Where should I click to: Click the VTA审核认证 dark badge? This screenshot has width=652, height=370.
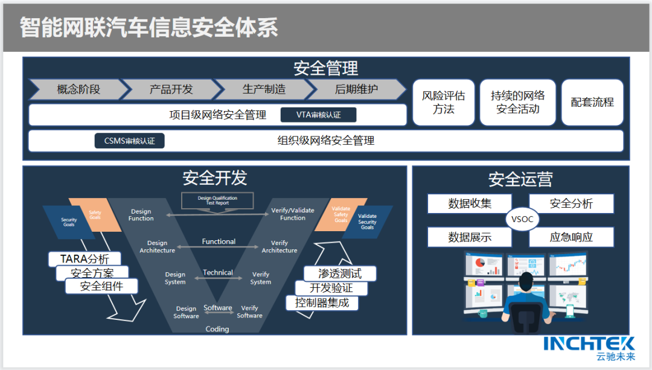click(x=318, y=115)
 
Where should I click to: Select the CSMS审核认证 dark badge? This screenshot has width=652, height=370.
click(x=129, y=141)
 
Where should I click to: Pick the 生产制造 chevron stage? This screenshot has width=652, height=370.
click(x=263, y=89)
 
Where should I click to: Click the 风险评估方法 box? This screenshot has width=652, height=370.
click(x=443, y=102)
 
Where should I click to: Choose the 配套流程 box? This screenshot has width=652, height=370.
click(x=592, y=102)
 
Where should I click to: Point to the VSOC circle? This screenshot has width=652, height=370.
click(x=522, y=219)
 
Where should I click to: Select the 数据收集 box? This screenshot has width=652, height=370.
click(x=469, y=203)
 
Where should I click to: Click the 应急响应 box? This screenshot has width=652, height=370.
click(x=570, y=237)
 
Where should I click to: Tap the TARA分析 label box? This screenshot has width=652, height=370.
click(x=85, y=259)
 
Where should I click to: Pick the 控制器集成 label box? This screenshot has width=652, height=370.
click(x=321, y=302)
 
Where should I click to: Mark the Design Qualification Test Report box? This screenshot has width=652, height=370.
click(x=217, y=200)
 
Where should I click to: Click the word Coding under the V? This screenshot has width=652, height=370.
click(x=217, y=329)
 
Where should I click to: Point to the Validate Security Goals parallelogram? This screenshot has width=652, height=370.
click(x=368, y=222)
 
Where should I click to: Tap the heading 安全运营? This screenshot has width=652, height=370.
click(x=520, y=179)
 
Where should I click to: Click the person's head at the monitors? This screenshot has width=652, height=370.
click(x=526, y=282)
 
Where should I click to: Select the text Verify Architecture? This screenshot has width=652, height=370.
click(x=279, y=247)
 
